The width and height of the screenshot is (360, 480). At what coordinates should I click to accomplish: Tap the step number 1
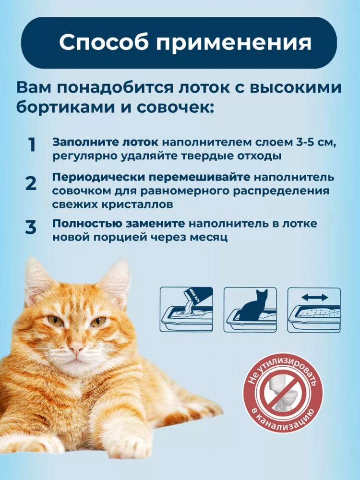click(32, 145)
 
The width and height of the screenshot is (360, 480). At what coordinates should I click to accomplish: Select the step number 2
click(31, 183)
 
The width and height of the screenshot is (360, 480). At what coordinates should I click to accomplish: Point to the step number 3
click(31, 228)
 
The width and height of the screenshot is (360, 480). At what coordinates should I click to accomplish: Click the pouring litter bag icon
click(186, 310)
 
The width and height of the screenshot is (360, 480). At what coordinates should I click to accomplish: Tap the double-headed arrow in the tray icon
click(315, 297)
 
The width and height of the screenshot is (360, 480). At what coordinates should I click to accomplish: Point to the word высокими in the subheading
click(296, 87)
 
